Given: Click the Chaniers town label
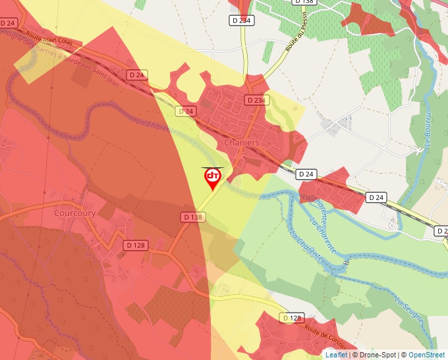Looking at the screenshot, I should (x=242, y=142).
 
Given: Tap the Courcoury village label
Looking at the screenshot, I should (x=74, y=213).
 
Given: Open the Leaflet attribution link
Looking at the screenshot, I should (x=336, y=355).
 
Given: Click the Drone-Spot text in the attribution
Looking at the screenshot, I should (x=379, y=355).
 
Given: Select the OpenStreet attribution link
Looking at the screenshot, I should (x=426, y=355).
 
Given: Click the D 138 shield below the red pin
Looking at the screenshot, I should (x=192, y=217).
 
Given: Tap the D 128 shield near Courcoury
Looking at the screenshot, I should (x=135, y=245).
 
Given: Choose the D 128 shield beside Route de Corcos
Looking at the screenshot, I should (x=292, y=318).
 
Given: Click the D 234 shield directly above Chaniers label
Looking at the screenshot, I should (x=256, y=100).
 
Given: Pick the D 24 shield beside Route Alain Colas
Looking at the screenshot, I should (x=8, y=23).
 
